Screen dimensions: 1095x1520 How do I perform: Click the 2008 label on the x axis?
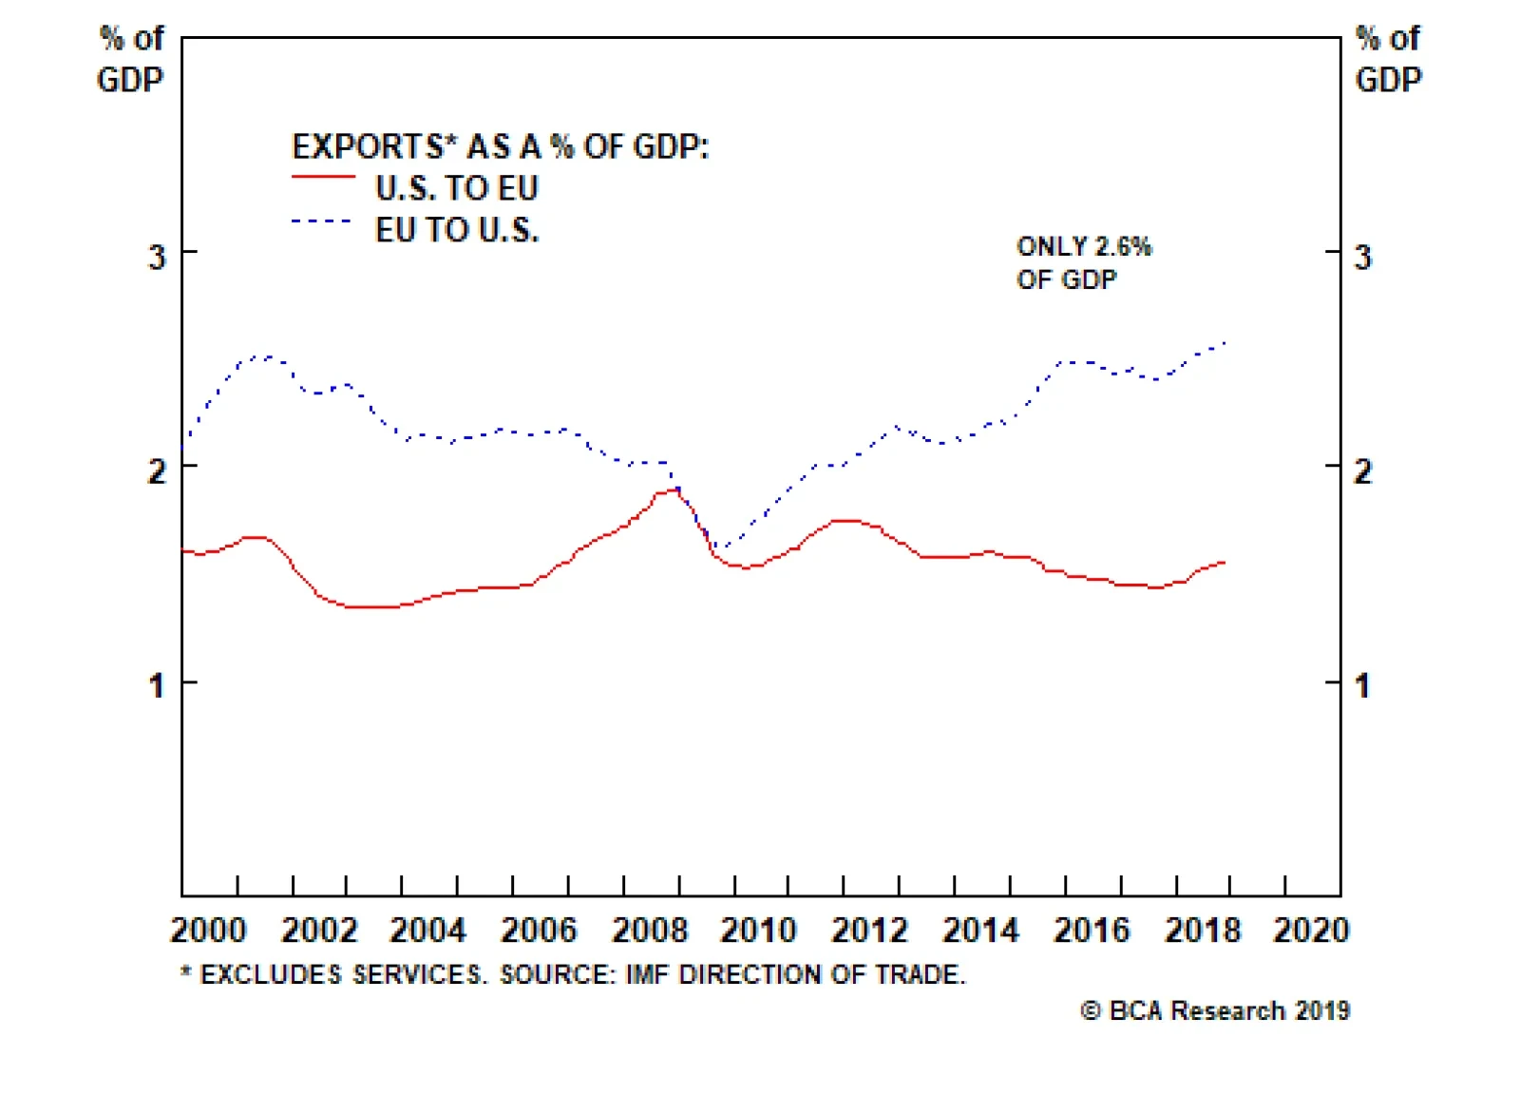pyautogui.click(x=649, y=930)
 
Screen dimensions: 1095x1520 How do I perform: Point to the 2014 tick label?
pyautogui.click(x=979, y=930)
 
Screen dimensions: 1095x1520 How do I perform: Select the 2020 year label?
pyautogui.click(x=1311, y=930)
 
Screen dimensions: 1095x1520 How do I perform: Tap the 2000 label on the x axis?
pyautogui.click(x=208, y=930)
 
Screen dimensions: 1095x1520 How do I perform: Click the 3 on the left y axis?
pyautogui.click(x=157, y=257)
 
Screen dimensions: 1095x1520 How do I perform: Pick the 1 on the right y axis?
pyautogui.click(x=1362, y=685)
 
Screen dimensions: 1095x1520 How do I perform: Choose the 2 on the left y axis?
pyautogui.click(x=157, y=471)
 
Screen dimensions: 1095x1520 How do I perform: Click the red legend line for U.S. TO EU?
pyautogui.click(x=323, y=178)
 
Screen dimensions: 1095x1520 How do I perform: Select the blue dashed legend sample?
pyautogui.click(x=321, y=221)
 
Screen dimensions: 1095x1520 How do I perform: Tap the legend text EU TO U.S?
pyautogui.click(x=457, y=230)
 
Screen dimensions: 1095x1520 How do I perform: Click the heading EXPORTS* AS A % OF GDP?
pyautogui.click(x=500, y=147)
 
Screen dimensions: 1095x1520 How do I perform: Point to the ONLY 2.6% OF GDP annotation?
pyautogui.click(x=1083, y=262)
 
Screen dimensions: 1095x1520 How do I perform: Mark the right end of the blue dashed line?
pyautogui.click(x=1225, y=342)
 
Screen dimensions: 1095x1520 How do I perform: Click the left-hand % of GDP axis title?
pyautogui.click(x=130, y=59)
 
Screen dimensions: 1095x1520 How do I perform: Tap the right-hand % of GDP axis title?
pyautogui.click(x=1388, y=59)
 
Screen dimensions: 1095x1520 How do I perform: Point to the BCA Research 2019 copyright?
pyautogui.click(x=1215, y=1010)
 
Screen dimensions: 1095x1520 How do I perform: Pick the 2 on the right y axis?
pyautogui.click(x=1362, y=471)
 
